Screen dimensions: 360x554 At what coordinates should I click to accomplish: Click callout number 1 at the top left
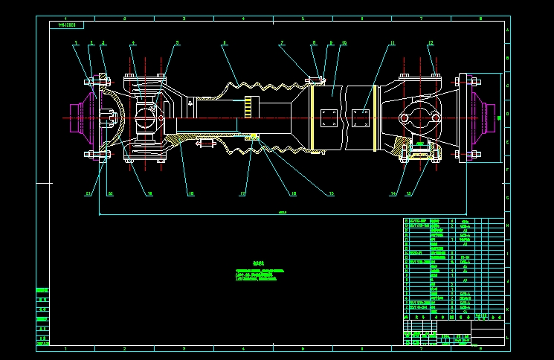(75, 43)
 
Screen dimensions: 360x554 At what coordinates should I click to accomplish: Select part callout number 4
(133, 43)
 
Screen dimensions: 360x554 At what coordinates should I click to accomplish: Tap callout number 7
(282, 43)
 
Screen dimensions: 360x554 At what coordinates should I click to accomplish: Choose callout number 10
(344, 43)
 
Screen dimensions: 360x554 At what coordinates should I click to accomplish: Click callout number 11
(392, 43)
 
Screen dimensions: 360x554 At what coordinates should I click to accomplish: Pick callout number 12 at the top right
(431, 43)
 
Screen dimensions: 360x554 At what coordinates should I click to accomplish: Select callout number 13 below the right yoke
(408, 194)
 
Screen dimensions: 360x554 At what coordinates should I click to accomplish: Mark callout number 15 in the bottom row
(331, 194)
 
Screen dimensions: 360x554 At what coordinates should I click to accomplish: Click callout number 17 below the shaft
(242, 194)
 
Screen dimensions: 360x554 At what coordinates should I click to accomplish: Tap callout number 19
(149, 194)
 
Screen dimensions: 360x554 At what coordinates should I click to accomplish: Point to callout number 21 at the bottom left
(88, 194)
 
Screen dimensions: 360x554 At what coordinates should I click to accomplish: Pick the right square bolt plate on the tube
(361, 118)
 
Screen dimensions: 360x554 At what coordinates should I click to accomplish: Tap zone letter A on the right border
(507, 31)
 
